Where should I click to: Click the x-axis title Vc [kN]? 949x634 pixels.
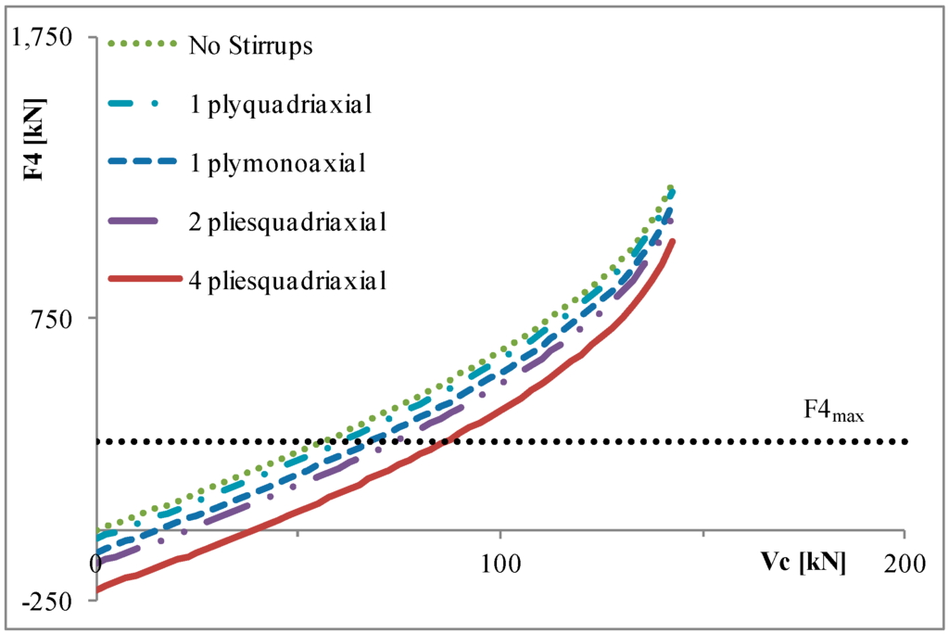[803, 563]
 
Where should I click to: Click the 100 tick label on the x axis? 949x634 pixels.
[500, 563]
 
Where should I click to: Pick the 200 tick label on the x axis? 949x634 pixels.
[904, 563]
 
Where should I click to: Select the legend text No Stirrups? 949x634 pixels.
[249, 45]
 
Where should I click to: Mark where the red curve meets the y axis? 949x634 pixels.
[97, 589]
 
